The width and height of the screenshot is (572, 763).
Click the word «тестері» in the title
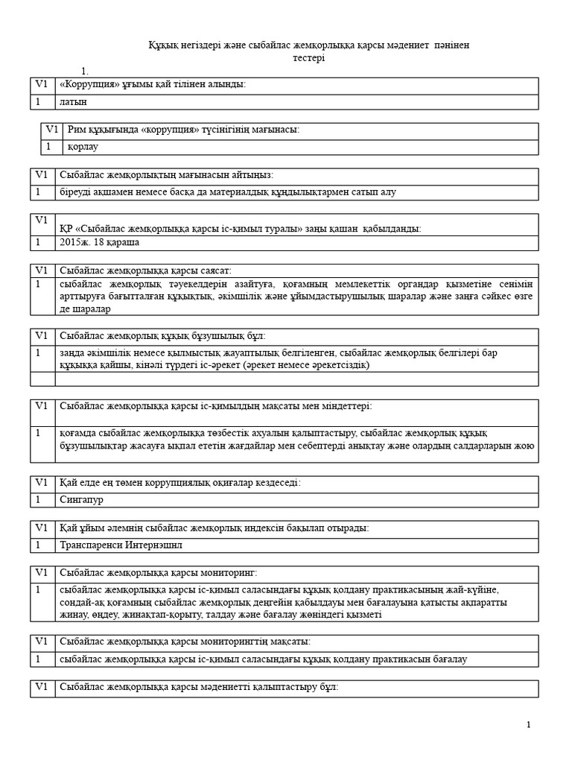[x=309, y=58]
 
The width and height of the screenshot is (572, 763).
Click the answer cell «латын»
[x=73, y=101]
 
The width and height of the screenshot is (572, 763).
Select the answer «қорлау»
[x=83, y=147]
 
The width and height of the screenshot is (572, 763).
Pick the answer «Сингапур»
[x=81, y=500]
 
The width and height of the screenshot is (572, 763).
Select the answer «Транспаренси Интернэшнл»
[x=121, y=545]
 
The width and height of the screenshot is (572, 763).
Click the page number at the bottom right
[x=528, y=724]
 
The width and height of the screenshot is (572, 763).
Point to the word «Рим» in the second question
[x=76, y=130]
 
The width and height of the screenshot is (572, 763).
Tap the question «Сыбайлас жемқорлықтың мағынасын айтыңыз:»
[x=166, y=175]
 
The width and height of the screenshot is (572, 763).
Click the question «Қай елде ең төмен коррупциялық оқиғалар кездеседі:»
[x=179, y=483]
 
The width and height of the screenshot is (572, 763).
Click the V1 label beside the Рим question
[x=52, y=130]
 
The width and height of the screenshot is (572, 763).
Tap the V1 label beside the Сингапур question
[x=41, y=483]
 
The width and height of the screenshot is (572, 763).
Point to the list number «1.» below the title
[x=85, y=72]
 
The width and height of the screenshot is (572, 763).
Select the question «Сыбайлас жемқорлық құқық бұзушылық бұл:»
[x=162, y=336]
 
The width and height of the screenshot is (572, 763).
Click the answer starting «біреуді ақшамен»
[x=227, y=192]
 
